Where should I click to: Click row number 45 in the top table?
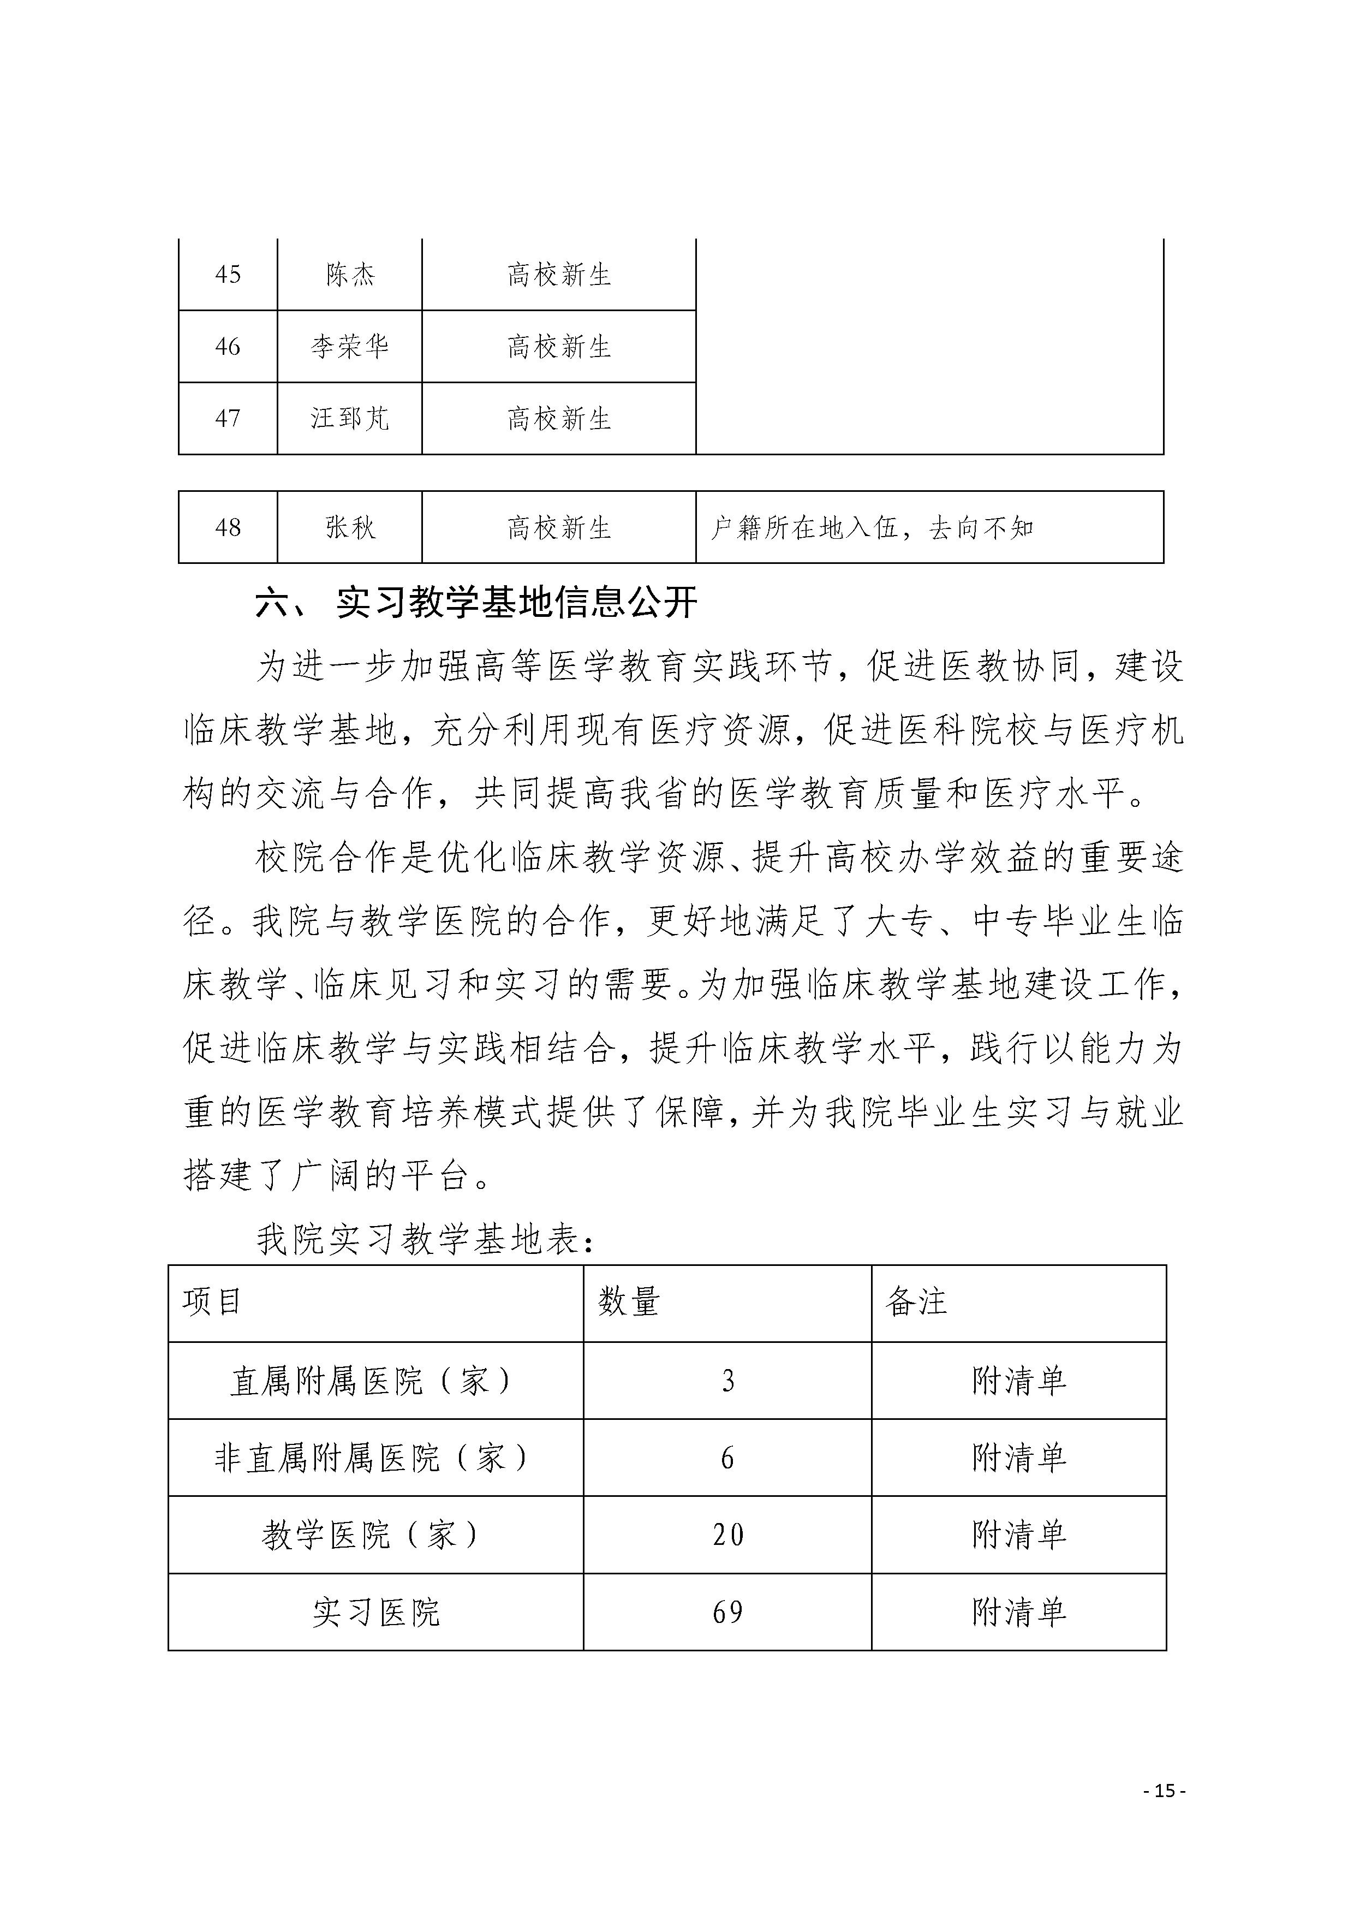(x=228, y=275)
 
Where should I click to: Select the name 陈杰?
(x=350, y=275)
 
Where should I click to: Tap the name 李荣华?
(x=350, y=346)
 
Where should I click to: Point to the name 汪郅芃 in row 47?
(x=350, y=418)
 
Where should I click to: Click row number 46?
(x=228, y=346)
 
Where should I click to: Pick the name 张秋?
(x=350, y=527)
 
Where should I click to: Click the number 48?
(x=228, y=527)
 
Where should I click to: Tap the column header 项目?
(x=213, y=1301)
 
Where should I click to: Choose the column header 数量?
(x=629, y=1301)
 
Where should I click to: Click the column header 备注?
(x=916, y=1301)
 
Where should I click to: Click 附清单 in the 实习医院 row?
(x=1019, y=1612)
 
